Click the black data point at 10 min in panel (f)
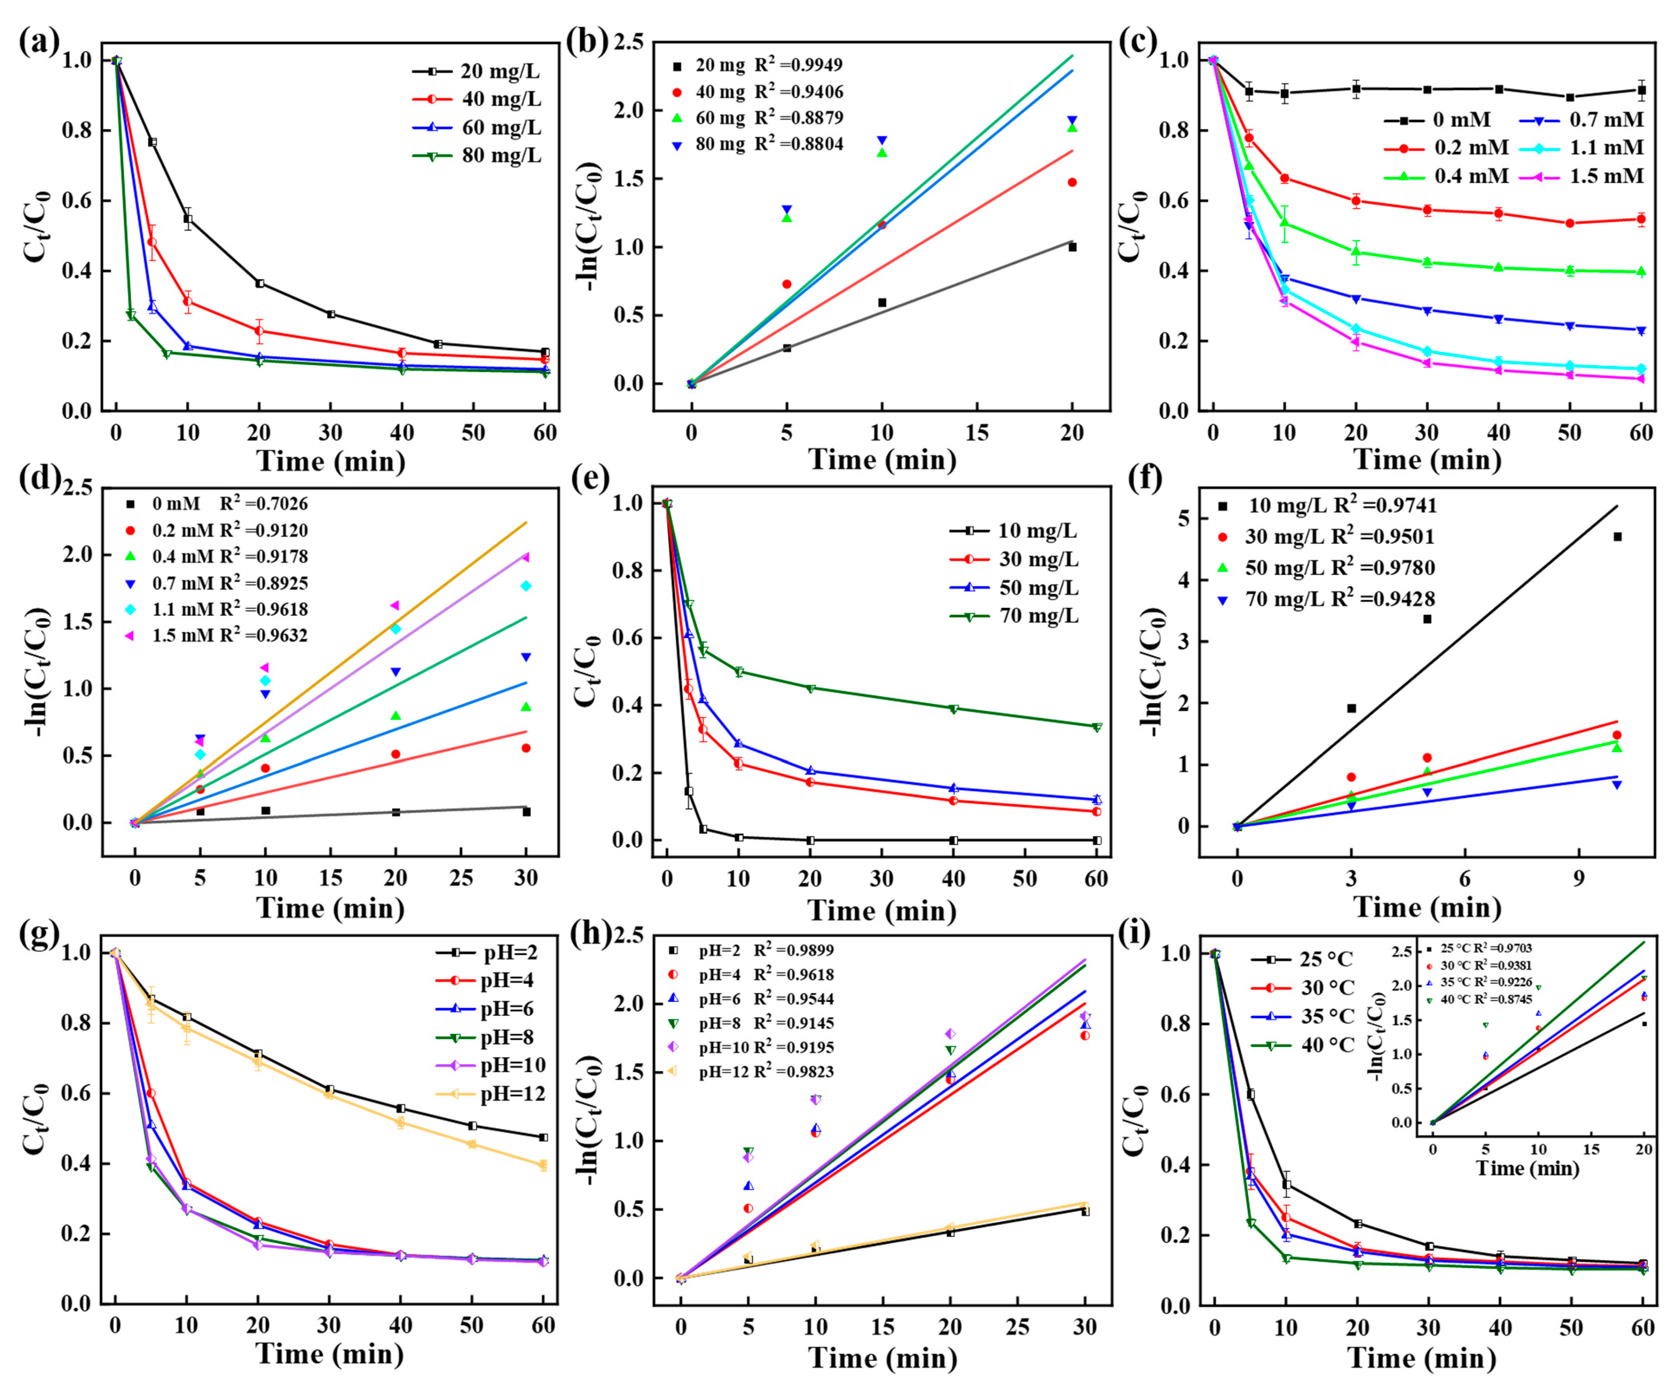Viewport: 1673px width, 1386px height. point(1617,537)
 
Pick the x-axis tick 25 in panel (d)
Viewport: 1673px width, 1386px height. point(461,879)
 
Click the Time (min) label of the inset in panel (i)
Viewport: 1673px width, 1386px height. point(1527,1169)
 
